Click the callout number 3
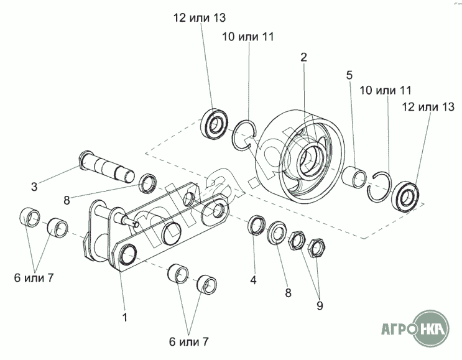(x=34, y=187)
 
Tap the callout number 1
(x=125, y=317)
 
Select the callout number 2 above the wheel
(x=304, y=57)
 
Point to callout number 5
(x=349, y=75)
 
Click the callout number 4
(x=254, y=280)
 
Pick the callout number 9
(x=320, y=305)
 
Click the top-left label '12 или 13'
(x=200, y=17)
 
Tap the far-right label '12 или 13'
(x=428, y=107)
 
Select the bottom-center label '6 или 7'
(x=189, y=342)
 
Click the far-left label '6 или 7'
(x=34, y=278)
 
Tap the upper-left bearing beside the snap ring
(x=214, y=124)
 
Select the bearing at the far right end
(x=405, y=196)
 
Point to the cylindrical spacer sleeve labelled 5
(x=354, y=177)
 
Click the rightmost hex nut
(x=316, y=247)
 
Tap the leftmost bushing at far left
(x=29, y=218)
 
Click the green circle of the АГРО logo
(x=432, y=328)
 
